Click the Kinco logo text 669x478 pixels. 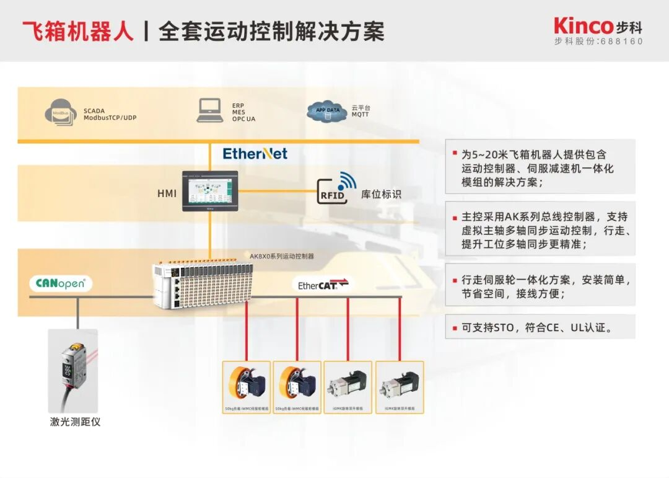coord(582,26)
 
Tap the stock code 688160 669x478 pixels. coord(622,42)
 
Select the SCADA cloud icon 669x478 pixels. coord(60,113)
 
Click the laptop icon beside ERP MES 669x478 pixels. coord(211,110)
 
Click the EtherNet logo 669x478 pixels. coord(255,154)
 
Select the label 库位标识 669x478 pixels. coord(381,194)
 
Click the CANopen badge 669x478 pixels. coord(61,284)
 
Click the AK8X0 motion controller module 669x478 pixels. coord(204,284)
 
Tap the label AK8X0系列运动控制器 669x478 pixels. coord(282,255)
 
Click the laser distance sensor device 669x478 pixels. coord(73,370)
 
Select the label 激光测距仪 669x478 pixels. coord(75,422)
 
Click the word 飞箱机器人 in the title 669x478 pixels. coord(77,31)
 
